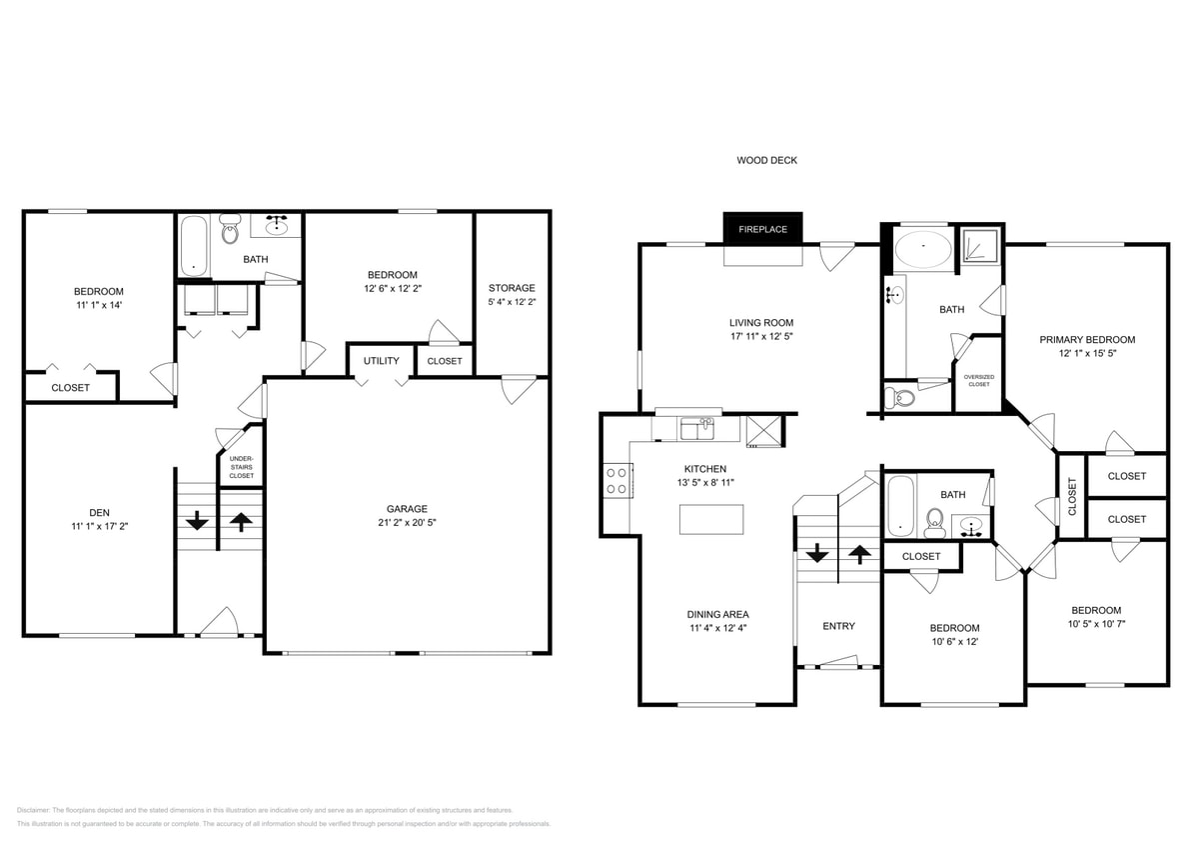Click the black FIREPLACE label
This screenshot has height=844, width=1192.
762,229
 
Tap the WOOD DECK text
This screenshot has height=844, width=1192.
766,160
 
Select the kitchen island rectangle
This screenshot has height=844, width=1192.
711,519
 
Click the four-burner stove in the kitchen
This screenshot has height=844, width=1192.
616,480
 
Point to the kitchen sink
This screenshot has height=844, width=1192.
696,429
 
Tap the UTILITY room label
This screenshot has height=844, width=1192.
381,361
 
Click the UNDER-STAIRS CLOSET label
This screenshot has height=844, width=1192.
241,467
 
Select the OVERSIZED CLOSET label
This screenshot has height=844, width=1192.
978,380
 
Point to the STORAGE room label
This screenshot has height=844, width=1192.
512,288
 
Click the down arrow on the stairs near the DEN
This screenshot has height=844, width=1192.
197,520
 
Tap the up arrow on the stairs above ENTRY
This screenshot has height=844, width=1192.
858,552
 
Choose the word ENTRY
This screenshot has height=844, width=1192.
838,626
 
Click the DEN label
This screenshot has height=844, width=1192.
98,511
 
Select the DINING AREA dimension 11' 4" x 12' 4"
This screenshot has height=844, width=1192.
717,628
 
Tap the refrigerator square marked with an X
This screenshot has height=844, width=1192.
764,431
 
